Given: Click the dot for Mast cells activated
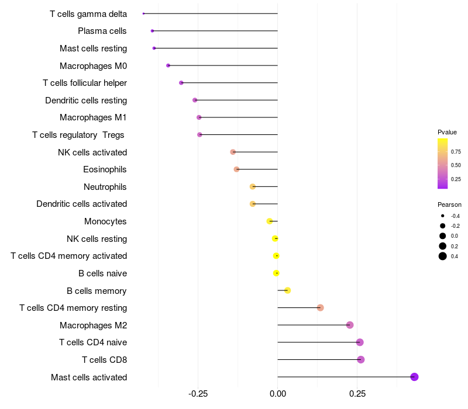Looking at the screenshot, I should (414, 377).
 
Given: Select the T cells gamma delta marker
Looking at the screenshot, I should (143, 13).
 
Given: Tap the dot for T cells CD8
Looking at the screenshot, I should (360, 359).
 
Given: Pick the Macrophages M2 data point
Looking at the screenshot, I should (350, 325).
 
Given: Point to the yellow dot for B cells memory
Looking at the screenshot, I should (287, 290).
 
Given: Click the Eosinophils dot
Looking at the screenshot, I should (236, 169).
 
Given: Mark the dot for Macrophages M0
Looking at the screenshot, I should (168, 65).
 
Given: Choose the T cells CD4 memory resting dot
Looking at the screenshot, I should (320, 308).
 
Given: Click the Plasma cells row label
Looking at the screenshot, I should (102, 31).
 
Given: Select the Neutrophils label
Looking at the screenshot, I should (105, 187).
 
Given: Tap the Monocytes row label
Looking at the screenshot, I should (105, 221).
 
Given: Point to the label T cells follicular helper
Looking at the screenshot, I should (85, 83).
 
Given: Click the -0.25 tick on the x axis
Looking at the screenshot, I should (198, 394).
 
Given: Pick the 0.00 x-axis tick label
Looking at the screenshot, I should (277, 394).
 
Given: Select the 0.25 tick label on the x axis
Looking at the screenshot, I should (357, 394).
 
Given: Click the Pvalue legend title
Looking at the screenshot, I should (447, 132).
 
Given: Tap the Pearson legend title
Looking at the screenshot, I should (449, 205).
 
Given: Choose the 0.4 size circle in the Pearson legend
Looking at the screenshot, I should (443, 256).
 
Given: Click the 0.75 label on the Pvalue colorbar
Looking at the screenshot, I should (456, 152).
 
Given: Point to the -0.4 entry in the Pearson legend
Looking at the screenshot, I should (443, 216).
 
